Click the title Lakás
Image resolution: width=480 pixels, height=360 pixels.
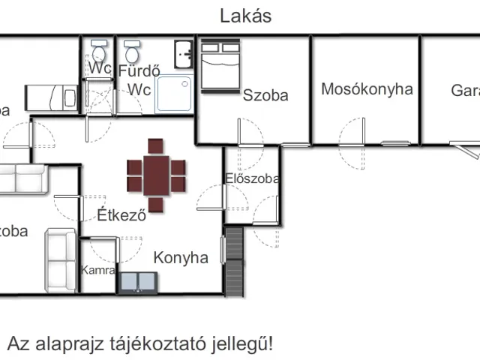[245, 16]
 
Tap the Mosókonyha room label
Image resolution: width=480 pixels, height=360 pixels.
[367, 89]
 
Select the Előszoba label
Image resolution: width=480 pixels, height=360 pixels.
[252, 178]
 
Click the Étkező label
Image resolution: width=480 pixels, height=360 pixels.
[121, 215]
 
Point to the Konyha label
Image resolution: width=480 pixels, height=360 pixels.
[181, 258]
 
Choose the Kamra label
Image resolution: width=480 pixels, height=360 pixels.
[98, 270]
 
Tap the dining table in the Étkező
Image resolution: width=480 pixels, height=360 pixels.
[156, 175]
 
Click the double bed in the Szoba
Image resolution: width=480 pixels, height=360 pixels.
[219, 64]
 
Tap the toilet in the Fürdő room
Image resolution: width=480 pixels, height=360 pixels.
[133, 52]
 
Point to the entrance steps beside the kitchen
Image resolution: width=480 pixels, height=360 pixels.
[235, 259]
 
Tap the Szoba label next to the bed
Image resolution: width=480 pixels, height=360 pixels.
[265, 95]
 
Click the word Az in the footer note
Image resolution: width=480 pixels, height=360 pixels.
[18, 344]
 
